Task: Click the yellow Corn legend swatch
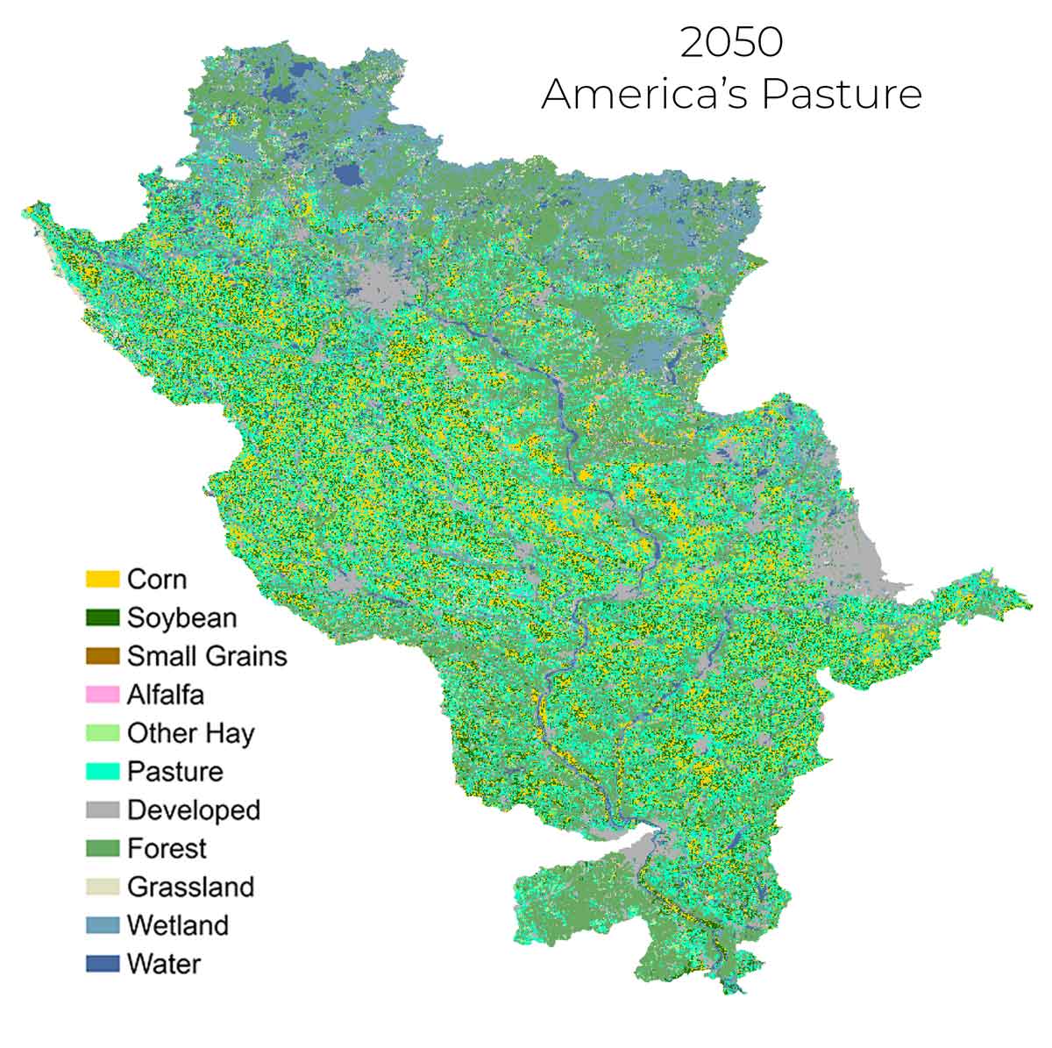click(103, 580)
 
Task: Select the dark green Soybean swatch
click(103, 618)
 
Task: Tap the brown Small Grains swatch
click(103, 656)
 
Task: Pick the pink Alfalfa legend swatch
click(103, 695)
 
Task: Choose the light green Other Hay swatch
click(103, 733)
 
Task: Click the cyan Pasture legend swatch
click(103, 772)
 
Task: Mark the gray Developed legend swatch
click(103, 810)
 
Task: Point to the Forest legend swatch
click(103, 849)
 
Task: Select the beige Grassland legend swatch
click(103, 887)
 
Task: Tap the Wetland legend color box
click(103, 925)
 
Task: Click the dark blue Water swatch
click(103, 964)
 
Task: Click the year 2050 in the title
click(731, 43)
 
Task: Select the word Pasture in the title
click(842, 94)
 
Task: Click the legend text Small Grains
click(207, 656)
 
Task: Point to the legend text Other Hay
click(190, 733)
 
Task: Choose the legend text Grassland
click(190, 887)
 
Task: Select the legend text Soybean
click(181, 618)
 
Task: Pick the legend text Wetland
click(178, 925)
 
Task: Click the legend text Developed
click(194, 810)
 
